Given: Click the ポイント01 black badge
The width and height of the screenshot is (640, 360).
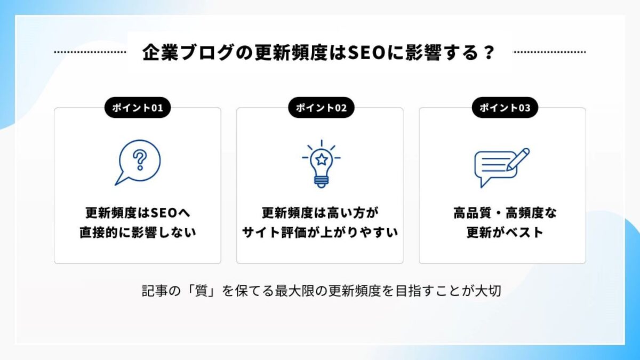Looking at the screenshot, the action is (138, 107).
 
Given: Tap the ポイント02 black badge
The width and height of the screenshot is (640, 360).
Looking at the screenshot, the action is (321, 107).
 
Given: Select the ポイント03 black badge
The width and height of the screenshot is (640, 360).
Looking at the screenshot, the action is (505, 107).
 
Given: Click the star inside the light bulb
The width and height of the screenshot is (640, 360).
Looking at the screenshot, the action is (322, 159).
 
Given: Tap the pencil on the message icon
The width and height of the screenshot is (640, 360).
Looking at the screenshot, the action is (518, 159).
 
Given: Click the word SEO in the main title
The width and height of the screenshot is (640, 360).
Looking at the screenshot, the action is (366, 52).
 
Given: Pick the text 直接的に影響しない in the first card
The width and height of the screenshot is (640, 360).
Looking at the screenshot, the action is (138, 233).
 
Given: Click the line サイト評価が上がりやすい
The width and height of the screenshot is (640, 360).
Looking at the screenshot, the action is (320, 233).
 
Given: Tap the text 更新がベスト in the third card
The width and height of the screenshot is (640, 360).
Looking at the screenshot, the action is (505, 233).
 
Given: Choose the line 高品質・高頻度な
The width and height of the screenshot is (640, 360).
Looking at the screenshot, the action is (505, 213).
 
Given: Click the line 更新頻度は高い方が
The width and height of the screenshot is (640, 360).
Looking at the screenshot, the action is (320, 213).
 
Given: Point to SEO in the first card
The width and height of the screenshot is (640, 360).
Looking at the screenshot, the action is (164, 213).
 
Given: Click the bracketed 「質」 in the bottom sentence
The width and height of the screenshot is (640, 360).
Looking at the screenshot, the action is (201, 291).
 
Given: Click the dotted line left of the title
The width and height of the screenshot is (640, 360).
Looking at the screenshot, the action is (90, 52).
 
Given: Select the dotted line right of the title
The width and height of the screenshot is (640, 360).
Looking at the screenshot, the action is (550, 52).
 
